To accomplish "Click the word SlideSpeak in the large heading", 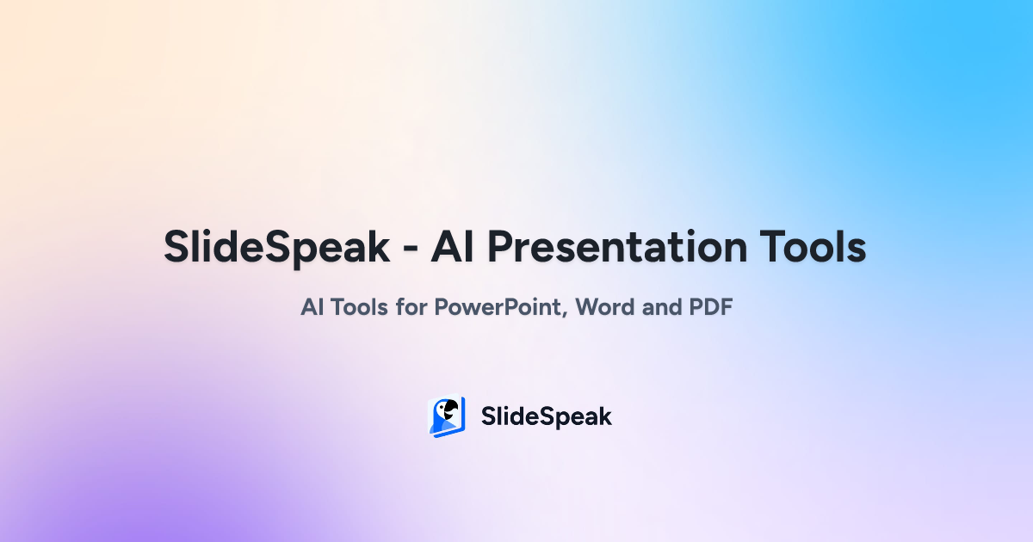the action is click(x=276, y=248).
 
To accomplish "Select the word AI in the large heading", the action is click(x=452, y=247).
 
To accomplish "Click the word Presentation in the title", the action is click(x=616, y=247).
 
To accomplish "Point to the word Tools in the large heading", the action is click(x=813, y=247).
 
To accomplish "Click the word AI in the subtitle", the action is click(x=312, y=307).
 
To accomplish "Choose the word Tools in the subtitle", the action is click(x=359, y=307).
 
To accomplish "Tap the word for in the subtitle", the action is click(x=411, y=306).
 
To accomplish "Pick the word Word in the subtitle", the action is click(x=604, y=307).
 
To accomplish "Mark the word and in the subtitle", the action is click(x=661, y=307).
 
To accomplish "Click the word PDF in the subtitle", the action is click(x=711, y=307).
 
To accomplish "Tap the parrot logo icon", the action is click(x=447, y=416).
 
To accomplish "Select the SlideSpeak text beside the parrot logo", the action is click(x=547, y=416).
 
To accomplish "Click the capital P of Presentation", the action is click(x=500, y=247).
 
